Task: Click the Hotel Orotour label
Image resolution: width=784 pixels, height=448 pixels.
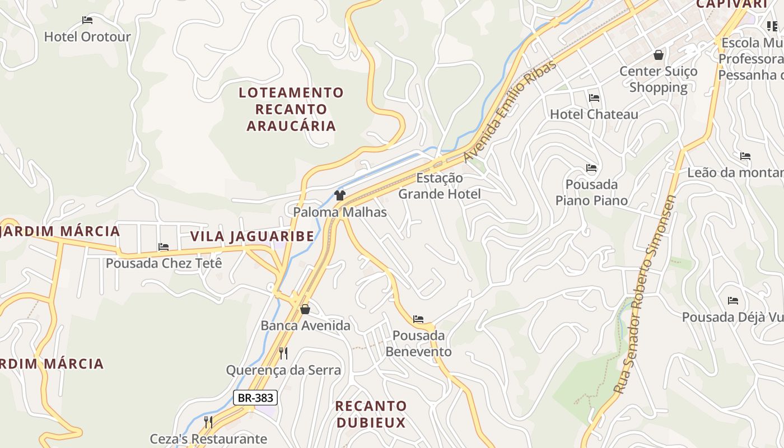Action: (x=87, y=37)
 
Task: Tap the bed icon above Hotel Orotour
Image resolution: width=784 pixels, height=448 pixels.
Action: (x=87, y=20)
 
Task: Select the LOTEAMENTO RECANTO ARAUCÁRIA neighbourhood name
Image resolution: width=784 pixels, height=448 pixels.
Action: (x=291, y=109)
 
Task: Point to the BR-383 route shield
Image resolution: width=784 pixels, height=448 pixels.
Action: (x=255, y=398)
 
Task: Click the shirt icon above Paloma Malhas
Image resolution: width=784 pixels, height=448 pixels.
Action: (x=340, y=195)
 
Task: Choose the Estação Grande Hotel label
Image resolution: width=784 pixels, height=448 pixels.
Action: (x=439, y=186)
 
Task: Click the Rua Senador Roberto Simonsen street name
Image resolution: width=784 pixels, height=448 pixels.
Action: (x=645, y=294)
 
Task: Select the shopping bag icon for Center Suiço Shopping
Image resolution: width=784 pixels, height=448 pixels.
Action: (x=659, y=55)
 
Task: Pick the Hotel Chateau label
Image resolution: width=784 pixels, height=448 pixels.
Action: (x=594, y=114)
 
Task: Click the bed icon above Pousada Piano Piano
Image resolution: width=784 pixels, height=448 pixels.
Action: (x=591, y=168)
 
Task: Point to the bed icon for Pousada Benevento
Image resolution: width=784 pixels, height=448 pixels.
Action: (x=418, y=319)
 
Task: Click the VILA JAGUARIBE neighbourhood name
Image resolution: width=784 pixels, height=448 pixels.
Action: (x=252, y=236)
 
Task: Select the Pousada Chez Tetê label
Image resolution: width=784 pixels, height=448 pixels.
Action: (x=164, y=263)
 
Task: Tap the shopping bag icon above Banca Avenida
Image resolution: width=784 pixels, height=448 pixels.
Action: (x=305, y=309)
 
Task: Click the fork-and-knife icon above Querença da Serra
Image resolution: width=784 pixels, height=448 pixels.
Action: (x=283, y=353)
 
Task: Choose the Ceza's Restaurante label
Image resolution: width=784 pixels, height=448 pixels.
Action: (x=208, y=438)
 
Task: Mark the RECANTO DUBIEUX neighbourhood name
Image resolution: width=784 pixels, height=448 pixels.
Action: (x=371, y=414)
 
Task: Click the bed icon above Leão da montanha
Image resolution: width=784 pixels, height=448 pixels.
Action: (x=745, y=156)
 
